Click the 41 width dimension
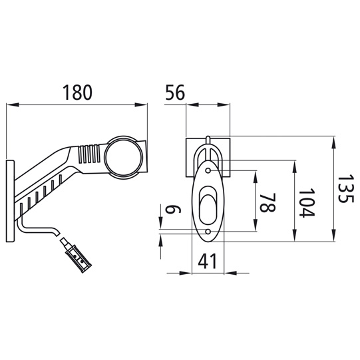[209, 262]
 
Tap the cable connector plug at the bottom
[76, 256]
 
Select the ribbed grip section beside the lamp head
[90, 154]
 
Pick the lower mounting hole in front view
[209, 231]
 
